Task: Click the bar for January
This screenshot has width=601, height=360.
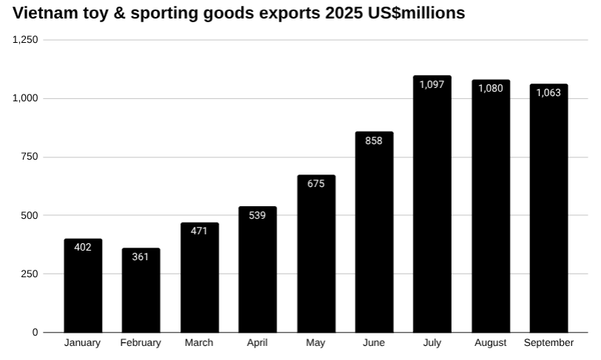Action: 83,288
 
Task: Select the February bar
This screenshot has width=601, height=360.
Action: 140,293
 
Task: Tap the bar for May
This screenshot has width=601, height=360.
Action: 316,255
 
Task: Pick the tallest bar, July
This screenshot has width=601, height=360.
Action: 432,207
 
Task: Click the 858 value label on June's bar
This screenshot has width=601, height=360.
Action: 374,140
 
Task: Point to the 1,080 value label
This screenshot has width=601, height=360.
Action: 491,89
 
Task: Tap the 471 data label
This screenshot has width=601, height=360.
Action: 199,231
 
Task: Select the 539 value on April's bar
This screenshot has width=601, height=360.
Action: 257,215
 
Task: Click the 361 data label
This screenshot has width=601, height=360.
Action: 140,257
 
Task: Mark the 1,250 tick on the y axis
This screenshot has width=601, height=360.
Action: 26,40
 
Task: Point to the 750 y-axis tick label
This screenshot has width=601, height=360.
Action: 30,157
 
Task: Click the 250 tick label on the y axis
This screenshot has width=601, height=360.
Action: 30,274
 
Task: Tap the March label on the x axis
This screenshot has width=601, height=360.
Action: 199,343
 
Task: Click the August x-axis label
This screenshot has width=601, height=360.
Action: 491,343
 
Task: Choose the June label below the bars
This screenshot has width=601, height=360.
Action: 374,343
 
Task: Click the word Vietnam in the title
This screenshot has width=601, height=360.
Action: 45,13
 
